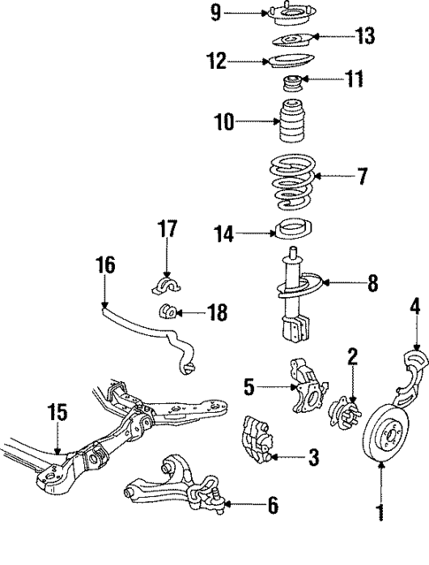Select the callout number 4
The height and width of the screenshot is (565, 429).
click(x=414, y=307)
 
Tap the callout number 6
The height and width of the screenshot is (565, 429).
click(x=272, y=506)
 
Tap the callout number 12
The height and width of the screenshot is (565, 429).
click(x=216, y=62)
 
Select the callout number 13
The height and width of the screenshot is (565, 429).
click(x=364, y=36)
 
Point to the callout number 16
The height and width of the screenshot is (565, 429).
click(x=104, y=263)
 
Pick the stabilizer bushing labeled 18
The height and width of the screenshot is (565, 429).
click(x=168, y=312)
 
